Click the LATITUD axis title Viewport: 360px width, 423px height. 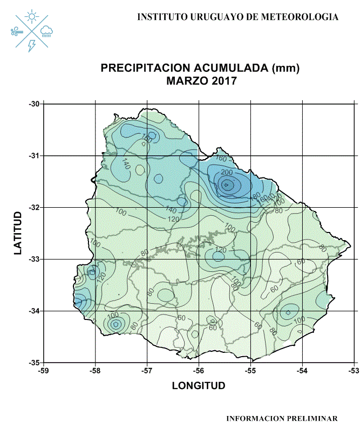(x=18, y=233)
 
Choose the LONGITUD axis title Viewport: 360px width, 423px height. (x=199, y=386)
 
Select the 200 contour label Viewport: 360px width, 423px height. (x=227, y=172)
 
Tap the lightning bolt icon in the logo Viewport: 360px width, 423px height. (x=32, y=45)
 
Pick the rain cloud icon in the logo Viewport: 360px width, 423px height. (x=46, y=32)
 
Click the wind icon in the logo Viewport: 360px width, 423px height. (x=17, y=32)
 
